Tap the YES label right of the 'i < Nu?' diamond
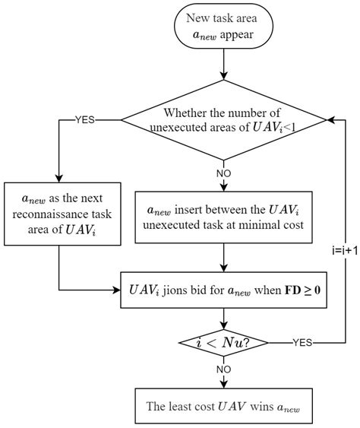[x=302, y=343]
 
